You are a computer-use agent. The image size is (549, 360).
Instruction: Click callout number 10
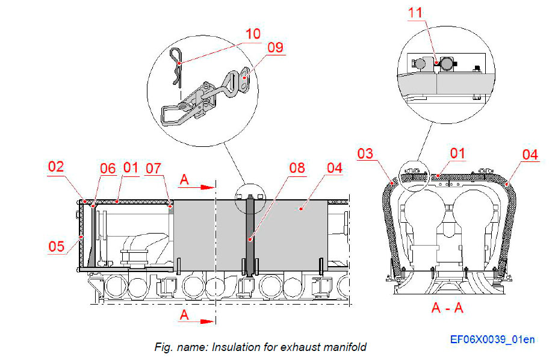pyautogui.click(x=253, y=33)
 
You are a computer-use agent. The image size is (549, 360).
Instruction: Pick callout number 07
pyautogui.click(x=154, y=169)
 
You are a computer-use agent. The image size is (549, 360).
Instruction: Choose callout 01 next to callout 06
pyautogui.click(x=131, y=167)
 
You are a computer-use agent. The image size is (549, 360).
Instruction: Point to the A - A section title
pyautogui.click(x=447, y=308)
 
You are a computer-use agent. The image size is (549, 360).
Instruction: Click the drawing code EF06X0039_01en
pyautogui.click(x=492, y=340)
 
